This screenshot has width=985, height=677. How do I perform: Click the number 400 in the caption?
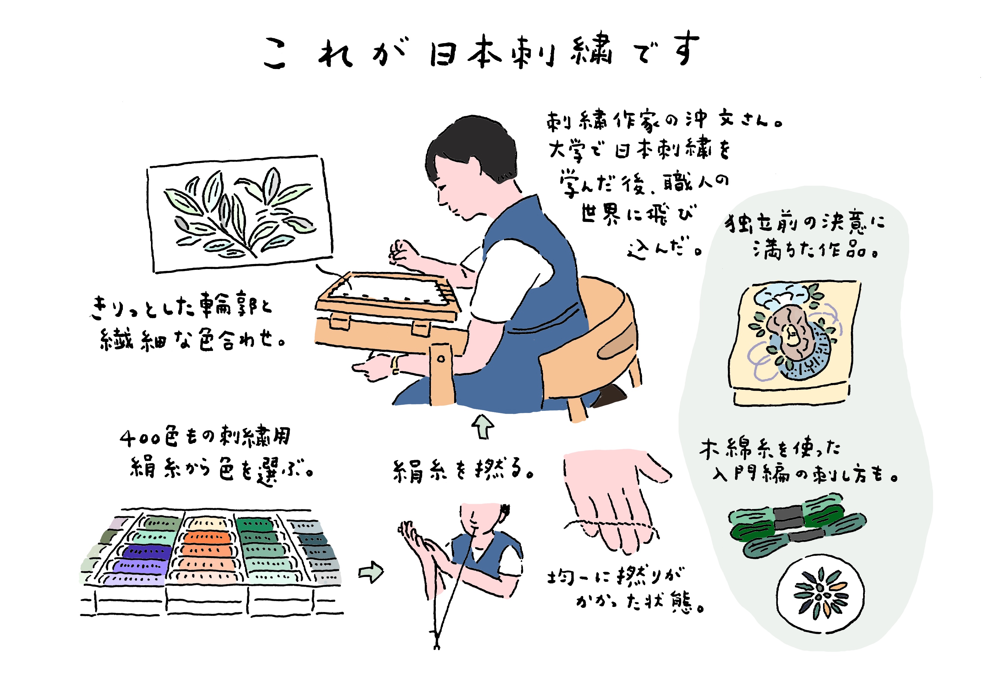pos(140,438)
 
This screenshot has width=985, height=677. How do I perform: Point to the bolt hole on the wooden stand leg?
pos(441,359)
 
